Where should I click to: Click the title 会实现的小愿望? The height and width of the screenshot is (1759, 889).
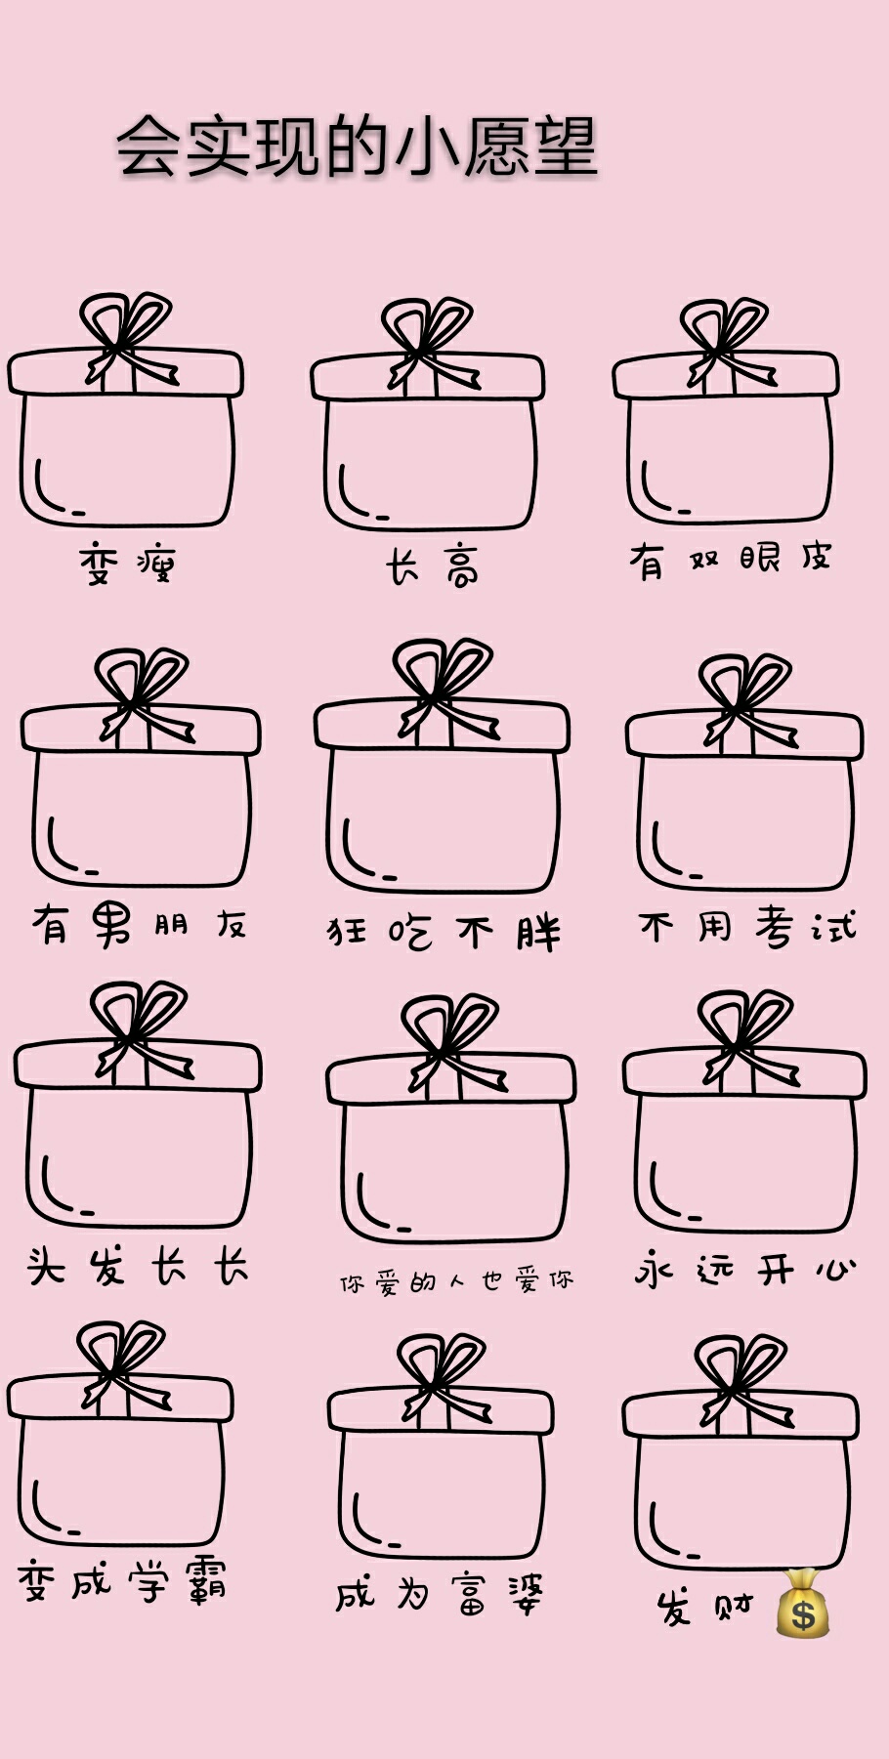[x=357, y=147]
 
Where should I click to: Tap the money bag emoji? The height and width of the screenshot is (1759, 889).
[x=803, y=1604]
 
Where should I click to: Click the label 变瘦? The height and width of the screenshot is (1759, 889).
[x=127, y=565]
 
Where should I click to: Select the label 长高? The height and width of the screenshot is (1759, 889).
[x=432, y=566]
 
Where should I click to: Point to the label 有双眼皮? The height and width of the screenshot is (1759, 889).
[x=730, y=560]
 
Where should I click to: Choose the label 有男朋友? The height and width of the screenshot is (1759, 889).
[x=139, y=924]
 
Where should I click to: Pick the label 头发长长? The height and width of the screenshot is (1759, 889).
[x=138, y=1267]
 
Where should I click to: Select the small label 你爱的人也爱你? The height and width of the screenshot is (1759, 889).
[x=456, y=1281]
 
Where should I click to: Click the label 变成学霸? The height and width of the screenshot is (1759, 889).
[x=122, y=1580]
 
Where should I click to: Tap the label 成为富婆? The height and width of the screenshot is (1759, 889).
[x=440, y=1594]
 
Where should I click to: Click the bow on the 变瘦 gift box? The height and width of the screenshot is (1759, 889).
[x=129, y=340]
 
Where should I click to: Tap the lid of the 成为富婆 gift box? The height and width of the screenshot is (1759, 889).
[x=441, y=1410]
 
